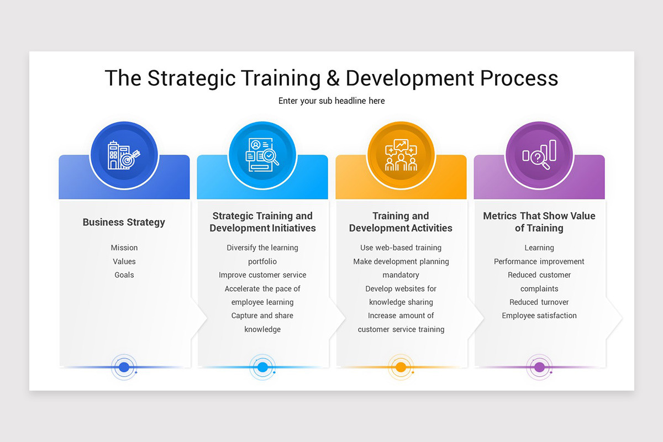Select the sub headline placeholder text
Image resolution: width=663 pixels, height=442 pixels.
point(331,101)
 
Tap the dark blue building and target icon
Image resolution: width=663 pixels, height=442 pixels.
point(124,155)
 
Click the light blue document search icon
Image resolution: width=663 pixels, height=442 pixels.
point(262,155)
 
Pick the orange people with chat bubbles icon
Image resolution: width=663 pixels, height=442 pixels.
point(401,155)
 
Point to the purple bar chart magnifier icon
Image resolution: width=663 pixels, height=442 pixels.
point(539,155)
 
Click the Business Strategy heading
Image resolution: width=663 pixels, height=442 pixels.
point(124,222)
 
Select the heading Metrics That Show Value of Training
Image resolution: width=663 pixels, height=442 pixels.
point(539,222)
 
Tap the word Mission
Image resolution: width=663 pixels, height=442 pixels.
point(124,248)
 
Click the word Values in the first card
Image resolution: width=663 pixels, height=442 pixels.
point(124,261)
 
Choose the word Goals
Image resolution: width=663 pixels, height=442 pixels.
point(124,275)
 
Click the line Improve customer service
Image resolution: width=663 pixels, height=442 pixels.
point(262,275)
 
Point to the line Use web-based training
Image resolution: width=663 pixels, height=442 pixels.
point(401,248)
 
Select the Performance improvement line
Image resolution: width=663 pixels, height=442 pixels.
point(539,261)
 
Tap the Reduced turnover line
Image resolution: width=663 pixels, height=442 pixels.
point(539,302)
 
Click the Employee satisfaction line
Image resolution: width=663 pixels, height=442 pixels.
point(539,315)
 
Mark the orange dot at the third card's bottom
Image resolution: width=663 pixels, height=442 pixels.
point(401,367)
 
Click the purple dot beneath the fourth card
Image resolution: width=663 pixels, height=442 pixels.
point(539,367)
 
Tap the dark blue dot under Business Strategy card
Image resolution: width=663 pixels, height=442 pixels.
point(124,367)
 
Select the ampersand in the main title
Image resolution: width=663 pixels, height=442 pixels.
point(333,78)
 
